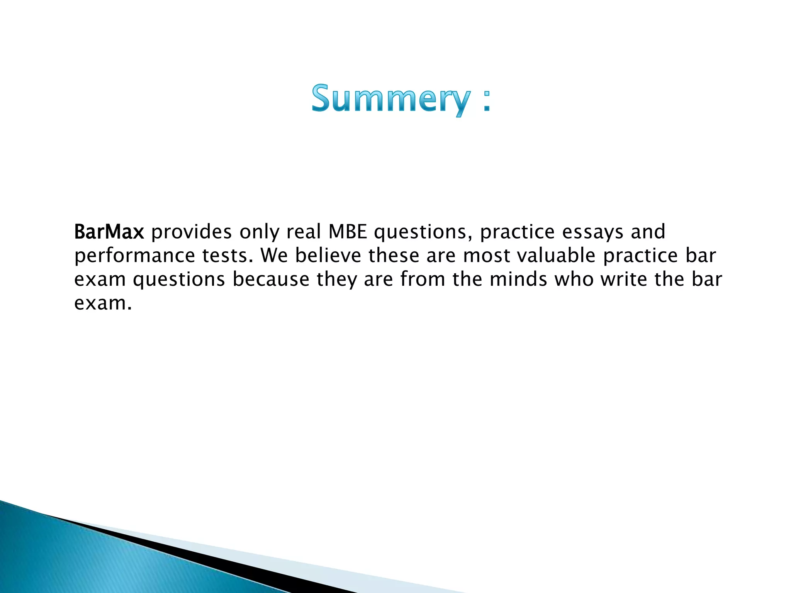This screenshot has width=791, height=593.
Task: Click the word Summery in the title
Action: click(x=391, y=98)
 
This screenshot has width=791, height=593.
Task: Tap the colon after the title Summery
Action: click(x=487, y=102)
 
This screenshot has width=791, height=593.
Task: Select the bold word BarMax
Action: click(x=109, y=232)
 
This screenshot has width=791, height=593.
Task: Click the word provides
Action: click(x=192, y=232)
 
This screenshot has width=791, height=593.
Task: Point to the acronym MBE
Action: click(x=348, y=232)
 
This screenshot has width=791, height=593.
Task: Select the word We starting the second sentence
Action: click(x=274, y=256)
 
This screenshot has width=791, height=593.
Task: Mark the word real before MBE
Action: click(x=304, y=232)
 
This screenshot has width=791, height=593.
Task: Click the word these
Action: click(x=394, y=256)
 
